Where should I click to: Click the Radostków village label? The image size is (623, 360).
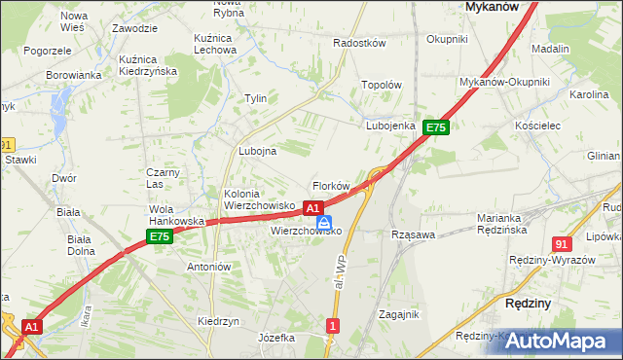click(x=360, y=44)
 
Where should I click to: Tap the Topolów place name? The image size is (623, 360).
click(x=382, y=85)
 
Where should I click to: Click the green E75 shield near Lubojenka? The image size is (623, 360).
click(x=435, y=127)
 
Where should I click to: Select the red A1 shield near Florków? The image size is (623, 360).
click(x=312, y=208)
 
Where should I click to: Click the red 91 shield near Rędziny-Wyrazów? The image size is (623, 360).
click(x=561, y=244)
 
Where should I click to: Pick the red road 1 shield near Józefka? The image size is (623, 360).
click(x=333, y=325)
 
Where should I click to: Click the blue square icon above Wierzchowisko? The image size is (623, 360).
click(x=323, y=222)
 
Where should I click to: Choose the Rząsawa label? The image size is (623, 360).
click(x=413, y=234)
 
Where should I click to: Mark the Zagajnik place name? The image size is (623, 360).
click(x=399, y=314)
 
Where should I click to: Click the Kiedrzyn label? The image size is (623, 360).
click(x=218, y=321)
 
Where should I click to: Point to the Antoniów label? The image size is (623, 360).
click(x=208, y=267)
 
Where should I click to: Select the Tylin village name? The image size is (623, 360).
click(x=255, y=99)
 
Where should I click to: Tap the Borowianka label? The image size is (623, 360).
click(x=74, y=75)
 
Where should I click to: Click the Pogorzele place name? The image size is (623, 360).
click(x=48, y=50)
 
